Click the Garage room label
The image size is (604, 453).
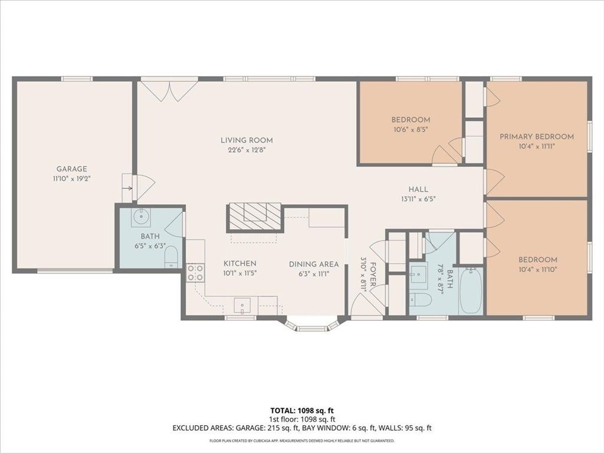71,169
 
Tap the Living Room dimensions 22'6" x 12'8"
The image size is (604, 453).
247,150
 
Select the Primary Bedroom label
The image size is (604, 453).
537,136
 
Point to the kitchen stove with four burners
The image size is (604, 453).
195,273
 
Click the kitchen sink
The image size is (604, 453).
242,306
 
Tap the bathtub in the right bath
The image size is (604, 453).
471,291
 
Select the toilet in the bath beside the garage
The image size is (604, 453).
171,257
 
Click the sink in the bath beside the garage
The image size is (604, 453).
142,217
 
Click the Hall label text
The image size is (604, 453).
418,189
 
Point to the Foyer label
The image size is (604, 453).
373,274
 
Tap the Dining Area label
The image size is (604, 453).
314,264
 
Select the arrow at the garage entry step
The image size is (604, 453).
128,188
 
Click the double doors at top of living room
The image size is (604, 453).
169,90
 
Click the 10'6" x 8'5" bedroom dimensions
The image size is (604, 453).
411,130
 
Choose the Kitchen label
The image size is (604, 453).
240,264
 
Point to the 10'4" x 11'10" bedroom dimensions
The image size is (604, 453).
538,270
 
